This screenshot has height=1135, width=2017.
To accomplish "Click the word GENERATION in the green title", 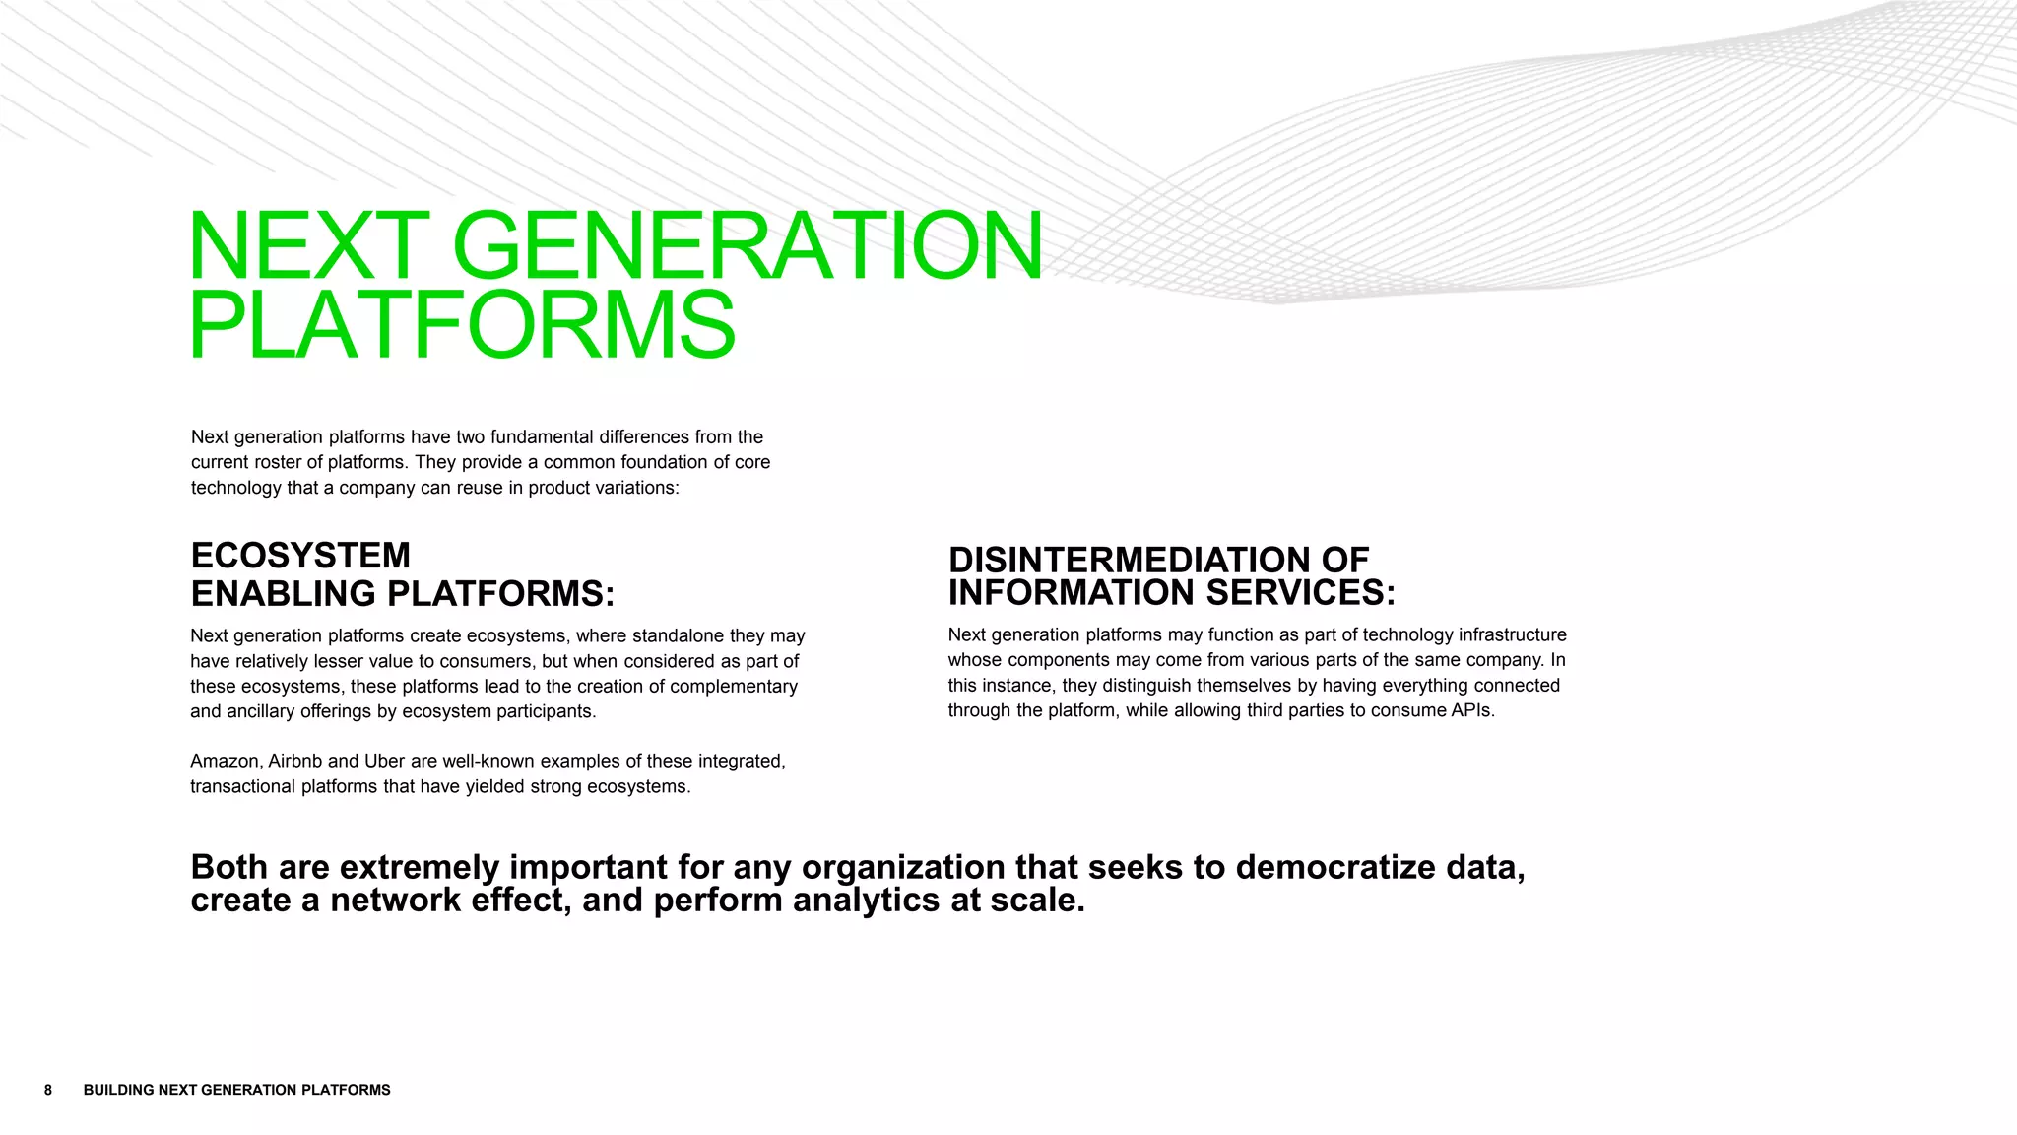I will point(747,245).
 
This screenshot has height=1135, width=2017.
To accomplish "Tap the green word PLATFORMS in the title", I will point(462,325).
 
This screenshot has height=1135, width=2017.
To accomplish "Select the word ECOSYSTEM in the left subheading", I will point(300,556).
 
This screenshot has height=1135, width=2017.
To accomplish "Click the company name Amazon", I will point(226,762).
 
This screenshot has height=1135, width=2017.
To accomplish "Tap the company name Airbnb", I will point(294,762).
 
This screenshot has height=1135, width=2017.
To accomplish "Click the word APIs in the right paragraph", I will point(1472,710).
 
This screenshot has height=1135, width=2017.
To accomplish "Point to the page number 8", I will point(48,1090).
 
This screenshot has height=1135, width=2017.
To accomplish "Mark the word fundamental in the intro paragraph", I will point(542,437).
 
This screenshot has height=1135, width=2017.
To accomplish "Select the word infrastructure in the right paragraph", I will point(1512,635).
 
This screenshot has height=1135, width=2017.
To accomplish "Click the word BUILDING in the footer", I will point(118,1090).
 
